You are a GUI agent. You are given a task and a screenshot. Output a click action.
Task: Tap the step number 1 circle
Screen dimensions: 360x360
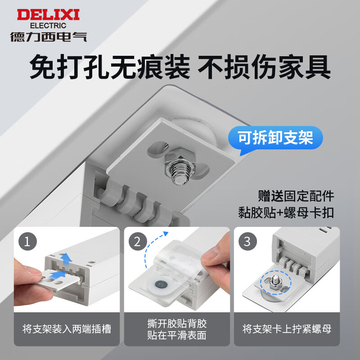coord(28,242)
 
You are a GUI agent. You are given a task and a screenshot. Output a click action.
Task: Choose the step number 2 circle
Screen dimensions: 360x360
coord(138,242)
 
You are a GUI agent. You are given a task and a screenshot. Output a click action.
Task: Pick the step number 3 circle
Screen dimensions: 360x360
coord(247,242)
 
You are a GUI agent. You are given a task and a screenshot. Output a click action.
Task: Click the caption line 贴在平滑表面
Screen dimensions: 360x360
coord(177,335)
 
